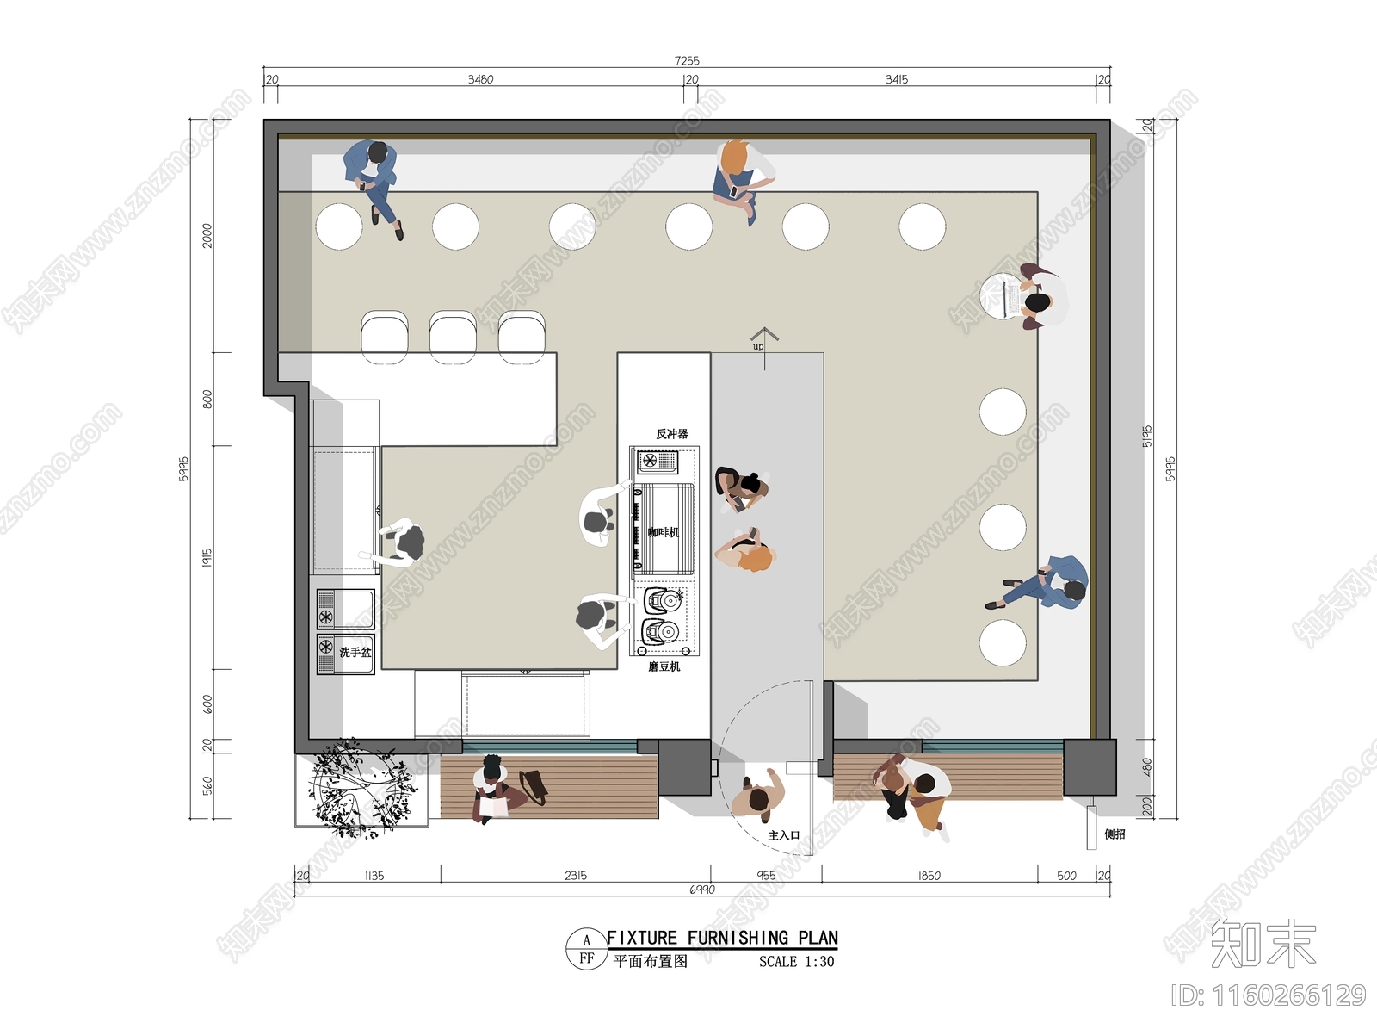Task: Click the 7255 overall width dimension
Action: point(687,61)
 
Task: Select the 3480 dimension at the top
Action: point(480,79)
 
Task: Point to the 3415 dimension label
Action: point(897,79)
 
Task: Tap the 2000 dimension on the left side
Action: point(207,235)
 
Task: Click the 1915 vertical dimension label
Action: point(207,557)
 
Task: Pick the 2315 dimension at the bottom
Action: point(576,876)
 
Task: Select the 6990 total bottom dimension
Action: point(701,890)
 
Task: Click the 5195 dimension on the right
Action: point(1147,436)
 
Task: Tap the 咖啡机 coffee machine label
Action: point(664,532)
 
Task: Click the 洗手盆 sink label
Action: point(355,653)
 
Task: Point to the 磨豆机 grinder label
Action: point(664,666)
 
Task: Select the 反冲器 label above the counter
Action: point(672,434)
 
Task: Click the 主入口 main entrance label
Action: point(783,835)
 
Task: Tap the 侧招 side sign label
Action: point(1115,834)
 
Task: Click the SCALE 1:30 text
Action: point(796,962)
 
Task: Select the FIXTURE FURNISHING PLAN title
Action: point(721,938)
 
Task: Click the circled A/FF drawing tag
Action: point(587,949)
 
